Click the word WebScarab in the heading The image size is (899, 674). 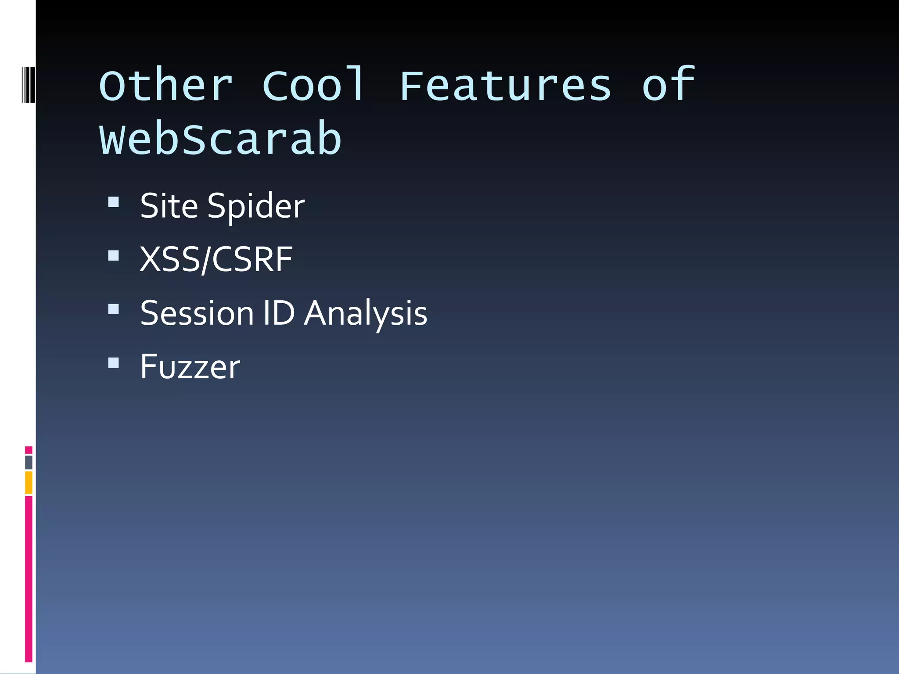[220, 139]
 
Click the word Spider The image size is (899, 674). [256, 206]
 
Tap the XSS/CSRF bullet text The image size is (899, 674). [216, 259]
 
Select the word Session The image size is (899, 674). [197, 313]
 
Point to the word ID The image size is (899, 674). [279, 313]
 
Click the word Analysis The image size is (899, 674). [366, 314]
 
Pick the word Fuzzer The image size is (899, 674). [190, 367]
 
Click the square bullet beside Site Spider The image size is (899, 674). [114, 202]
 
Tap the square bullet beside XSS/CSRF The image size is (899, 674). [114, 256]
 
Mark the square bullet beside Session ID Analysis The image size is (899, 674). [114, 309]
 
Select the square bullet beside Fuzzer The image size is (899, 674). [114, 363]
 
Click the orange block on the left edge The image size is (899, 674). [29, 482]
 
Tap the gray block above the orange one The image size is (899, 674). [29, 462]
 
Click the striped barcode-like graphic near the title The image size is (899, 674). [28, 84]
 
